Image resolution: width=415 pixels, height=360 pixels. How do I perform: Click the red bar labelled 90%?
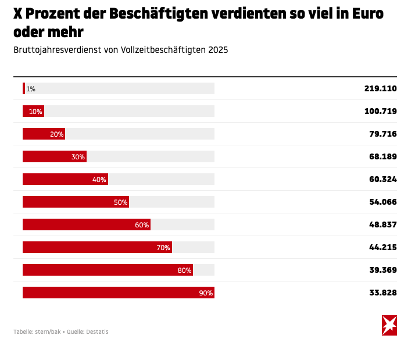coord(118,293)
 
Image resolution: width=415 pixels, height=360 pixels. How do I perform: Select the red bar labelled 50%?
coord(76,202)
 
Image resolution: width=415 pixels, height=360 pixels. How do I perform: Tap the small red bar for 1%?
coord(24,88)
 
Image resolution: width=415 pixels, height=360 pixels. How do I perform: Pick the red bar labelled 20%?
coord(44,134)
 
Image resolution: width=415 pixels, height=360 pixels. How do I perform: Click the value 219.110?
coord(380,88)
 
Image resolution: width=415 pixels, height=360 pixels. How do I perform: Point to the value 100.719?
coord(380,111)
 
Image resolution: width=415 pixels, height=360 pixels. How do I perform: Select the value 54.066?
coord(382,202)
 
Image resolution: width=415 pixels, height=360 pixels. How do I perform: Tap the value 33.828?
coord(382,293)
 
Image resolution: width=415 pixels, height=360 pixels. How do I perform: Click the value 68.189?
coord(382,156)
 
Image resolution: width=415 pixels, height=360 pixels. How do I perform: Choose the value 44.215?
coord(382,247)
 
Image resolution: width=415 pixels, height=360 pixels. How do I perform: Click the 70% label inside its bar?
coord(163,248)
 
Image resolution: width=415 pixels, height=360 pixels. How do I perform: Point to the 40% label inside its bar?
coord(99,180)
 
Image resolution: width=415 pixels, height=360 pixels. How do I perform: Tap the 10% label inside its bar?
coord(35,112)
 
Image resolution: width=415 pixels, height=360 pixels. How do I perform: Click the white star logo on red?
coord(389,325)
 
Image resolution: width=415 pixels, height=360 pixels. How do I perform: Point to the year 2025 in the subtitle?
coord(218,50)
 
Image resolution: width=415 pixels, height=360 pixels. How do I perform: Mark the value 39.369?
coord(382,270)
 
